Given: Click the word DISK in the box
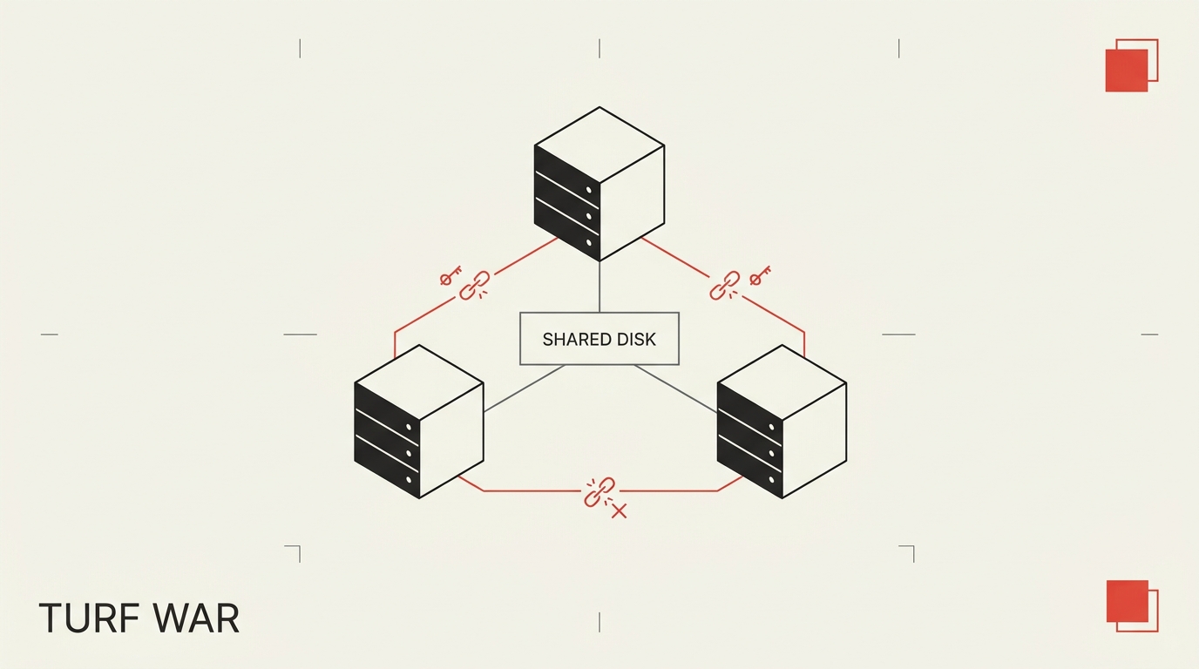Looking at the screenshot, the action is click(x=636, y=340).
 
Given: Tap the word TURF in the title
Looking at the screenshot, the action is click(x=89, y=618).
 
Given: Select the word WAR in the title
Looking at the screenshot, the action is click(x=196, y=618).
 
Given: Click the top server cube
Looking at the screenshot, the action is click(x=599, y=184).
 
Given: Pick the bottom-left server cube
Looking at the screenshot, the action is click(x=419, y=422).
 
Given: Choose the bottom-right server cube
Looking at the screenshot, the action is click(x=782, y=422).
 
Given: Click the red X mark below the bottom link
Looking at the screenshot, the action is click(x=620, y=511).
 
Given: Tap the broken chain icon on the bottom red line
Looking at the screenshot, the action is click(x=599, y=492).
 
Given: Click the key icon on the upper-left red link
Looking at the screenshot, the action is click(x=450, y=275).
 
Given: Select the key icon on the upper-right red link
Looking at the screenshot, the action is click(x=760, y=275).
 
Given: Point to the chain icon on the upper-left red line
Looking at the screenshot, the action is click(x=475, y=285).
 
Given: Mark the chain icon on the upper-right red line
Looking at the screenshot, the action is click(x=725, y=285).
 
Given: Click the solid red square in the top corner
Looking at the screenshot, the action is click(x=1127, y=71).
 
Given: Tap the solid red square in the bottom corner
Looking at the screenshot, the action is click(x=1128, y=601).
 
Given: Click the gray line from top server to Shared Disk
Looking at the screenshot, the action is click(x=599, y=287).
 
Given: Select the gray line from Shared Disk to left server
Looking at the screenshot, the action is click(x=524, y=389).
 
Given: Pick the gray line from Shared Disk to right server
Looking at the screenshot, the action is click(x=675, y=389).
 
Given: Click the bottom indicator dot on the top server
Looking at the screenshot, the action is click(x=589, y=242).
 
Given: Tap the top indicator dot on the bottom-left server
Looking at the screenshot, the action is click(x=409, y=427).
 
